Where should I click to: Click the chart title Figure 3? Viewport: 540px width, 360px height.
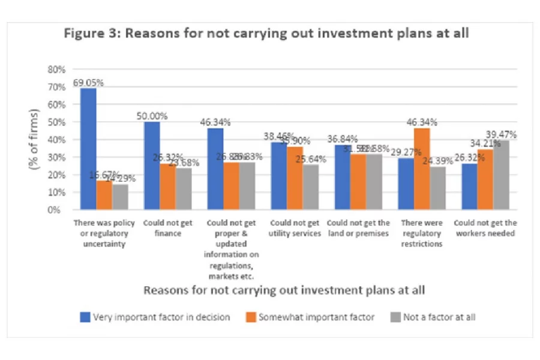[x=266, y=33]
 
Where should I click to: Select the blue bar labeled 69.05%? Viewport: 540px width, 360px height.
[x=88, y=150]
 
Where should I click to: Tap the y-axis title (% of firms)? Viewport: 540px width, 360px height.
[x=34, y=139]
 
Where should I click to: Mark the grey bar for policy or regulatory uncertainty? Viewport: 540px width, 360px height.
[x=120, y=197]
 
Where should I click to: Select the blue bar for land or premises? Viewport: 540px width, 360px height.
[x=341, y=178]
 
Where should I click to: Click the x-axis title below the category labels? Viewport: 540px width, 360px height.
[x=284, y=290]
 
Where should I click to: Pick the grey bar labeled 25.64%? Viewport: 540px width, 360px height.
[x=310, y=187]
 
